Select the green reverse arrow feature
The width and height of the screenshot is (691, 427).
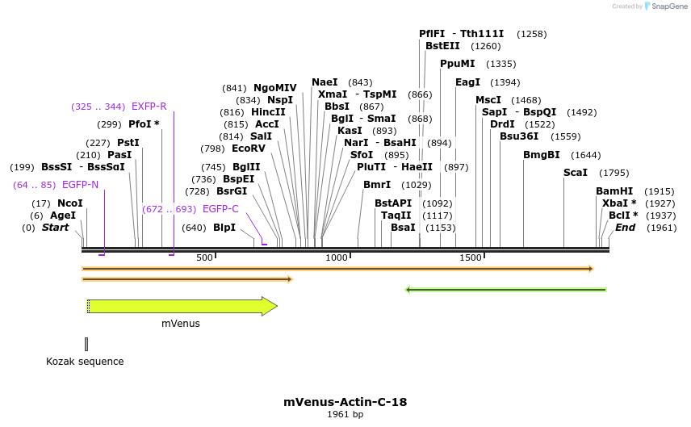505,289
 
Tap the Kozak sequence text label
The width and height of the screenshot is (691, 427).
85,362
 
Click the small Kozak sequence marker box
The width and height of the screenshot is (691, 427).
86,344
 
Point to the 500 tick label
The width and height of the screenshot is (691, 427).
204,257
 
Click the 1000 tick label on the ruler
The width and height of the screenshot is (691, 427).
336,257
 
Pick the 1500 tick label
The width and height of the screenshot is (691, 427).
471,257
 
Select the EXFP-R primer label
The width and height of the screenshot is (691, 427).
149,106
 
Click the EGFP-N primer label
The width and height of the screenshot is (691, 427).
80,185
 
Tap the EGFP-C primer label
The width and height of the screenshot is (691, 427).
220,208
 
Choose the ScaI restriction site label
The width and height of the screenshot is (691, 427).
576,173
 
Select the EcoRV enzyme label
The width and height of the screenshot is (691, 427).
248,149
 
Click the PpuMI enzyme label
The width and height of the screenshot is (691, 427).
457,64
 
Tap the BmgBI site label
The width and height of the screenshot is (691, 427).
541,155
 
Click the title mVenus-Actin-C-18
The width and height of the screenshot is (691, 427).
345,401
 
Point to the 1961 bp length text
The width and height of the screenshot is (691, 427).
345,415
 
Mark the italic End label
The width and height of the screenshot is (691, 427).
625,228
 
